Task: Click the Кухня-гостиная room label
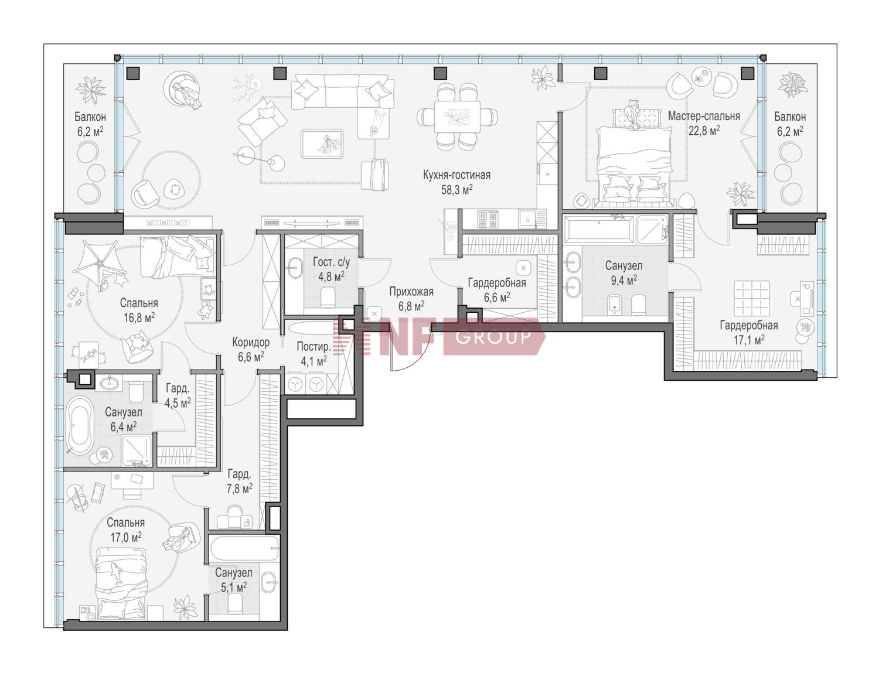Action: coord(456,175)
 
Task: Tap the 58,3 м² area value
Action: coord(456,190)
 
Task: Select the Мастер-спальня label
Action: coord(704,116)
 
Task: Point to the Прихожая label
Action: coord(411,292)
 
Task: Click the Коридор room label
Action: coord(251,343)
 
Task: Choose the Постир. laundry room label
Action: coord(314,346)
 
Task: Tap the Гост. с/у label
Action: coord(331,262)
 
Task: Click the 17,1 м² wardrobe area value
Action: coord(749,340)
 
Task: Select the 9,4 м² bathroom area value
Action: coord(624,280)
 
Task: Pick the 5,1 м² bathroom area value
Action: coord(234,587)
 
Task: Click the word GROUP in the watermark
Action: coord(493,336)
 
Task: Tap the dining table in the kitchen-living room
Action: coord(458,117)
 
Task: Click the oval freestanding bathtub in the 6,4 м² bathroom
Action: coord(80,425)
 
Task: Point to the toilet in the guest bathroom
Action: coord(328,297)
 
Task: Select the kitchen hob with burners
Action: coord(488,219)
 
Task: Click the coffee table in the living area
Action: coord(322,144)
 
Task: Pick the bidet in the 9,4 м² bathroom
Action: coord(615,305)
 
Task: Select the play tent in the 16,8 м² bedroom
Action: coord(100,265)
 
